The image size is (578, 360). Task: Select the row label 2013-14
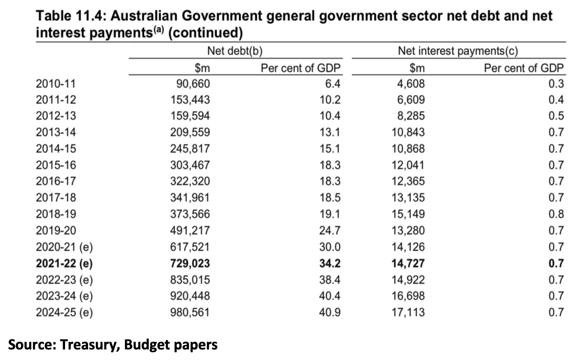point(56,133)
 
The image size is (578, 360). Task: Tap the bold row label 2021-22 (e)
point(64,263)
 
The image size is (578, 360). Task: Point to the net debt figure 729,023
point(190,263)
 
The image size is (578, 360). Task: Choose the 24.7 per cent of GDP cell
point(330,231)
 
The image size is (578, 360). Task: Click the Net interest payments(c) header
point(458,51)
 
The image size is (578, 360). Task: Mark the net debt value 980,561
point(190,313)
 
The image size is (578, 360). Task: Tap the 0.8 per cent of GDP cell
point(556,214)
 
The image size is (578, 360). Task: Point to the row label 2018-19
point(56,214)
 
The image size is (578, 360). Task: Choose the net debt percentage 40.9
point(330,313)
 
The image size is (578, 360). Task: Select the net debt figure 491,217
point(190,231)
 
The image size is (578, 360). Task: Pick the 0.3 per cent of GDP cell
point(556,84)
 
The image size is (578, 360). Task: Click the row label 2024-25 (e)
point(64,313)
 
